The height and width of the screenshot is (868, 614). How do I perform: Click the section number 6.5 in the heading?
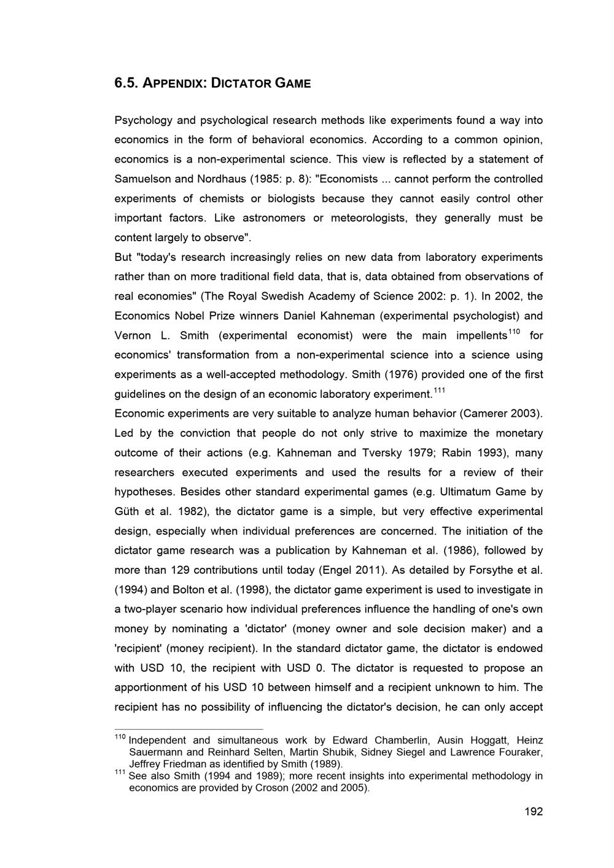click(125, 83)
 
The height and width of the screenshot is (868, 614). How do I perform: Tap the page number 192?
click(534, 812)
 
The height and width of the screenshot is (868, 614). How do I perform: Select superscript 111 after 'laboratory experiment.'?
click(440, 390)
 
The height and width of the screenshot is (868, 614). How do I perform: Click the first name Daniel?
click(300, 316)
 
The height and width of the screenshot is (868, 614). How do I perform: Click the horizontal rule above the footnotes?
click(188, 729)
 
